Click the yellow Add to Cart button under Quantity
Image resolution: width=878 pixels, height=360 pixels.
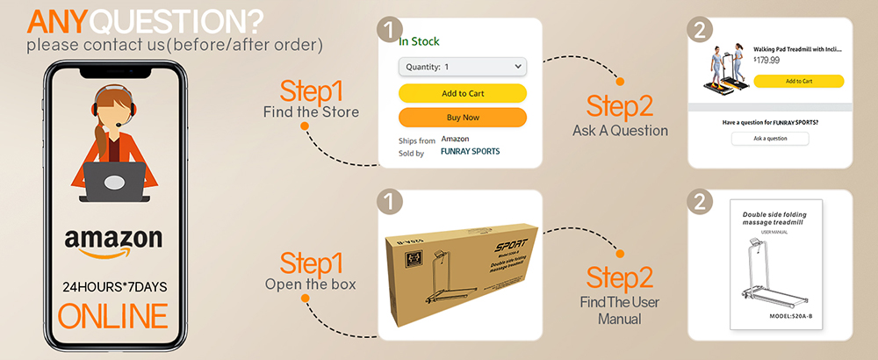pyautogui.click(x=462, y=93)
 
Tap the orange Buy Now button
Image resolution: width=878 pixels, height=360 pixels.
pyautogui.click(x=462, y=117)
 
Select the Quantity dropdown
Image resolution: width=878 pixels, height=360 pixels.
pyautogui.click(x=462, y=67)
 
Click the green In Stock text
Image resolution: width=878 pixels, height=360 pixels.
pyautogui.click(x=419, y=41)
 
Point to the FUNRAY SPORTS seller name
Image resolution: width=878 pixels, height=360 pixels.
pyautogui.click(x=470, y=151)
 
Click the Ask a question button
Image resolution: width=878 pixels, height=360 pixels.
pyautogui.click(x=769, y=139)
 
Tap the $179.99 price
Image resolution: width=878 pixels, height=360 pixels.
pyautogui.click(x=766, y=61)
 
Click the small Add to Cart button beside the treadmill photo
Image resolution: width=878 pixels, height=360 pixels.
pyautogui.click(x=798, y=81)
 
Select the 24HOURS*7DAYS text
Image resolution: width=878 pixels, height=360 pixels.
pyautogui.click(x=113, y=287)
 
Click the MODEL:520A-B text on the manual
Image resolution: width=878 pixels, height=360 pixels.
pyautogui.click(x=769, y=316)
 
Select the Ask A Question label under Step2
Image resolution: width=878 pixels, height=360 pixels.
pyautogui.click(x=619, y=131)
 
